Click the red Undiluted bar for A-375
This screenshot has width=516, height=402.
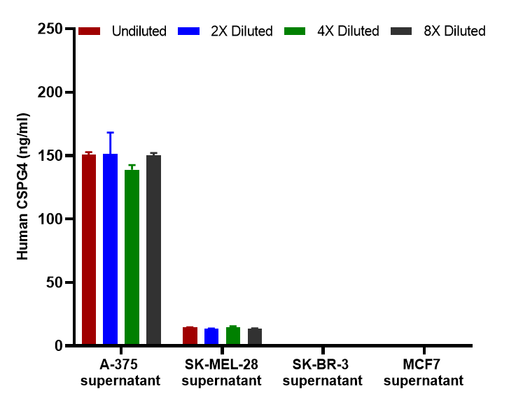[x=89, y=250]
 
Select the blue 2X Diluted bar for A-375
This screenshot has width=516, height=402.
[x=110, y=250]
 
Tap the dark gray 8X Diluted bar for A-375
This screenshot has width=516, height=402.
[x=153, y=250]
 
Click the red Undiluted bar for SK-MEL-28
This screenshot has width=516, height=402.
[x=190, y=336]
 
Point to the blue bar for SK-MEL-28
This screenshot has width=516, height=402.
[x=211, y=337]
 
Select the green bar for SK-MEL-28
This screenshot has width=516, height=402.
[x=233, y=336]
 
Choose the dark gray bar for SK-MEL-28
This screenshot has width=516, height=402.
[x=255, y=337]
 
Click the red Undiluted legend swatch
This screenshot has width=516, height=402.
[x=90, y=31]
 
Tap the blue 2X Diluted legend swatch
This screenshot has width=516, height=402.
[x=190, y=31]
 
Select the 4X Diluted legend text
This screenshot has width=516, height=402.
[x=348, y=31]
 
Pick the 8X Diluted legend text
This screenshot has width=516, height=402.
[x=454, y=31]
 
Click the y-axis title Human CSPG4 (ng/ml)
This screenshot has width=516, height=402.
[x=23, y=187]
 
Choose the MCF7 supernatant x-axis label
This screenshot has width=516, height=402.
[x=423, y=373]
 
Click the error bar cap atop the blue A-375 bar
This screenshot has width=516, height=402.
[x=110, y=132]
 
